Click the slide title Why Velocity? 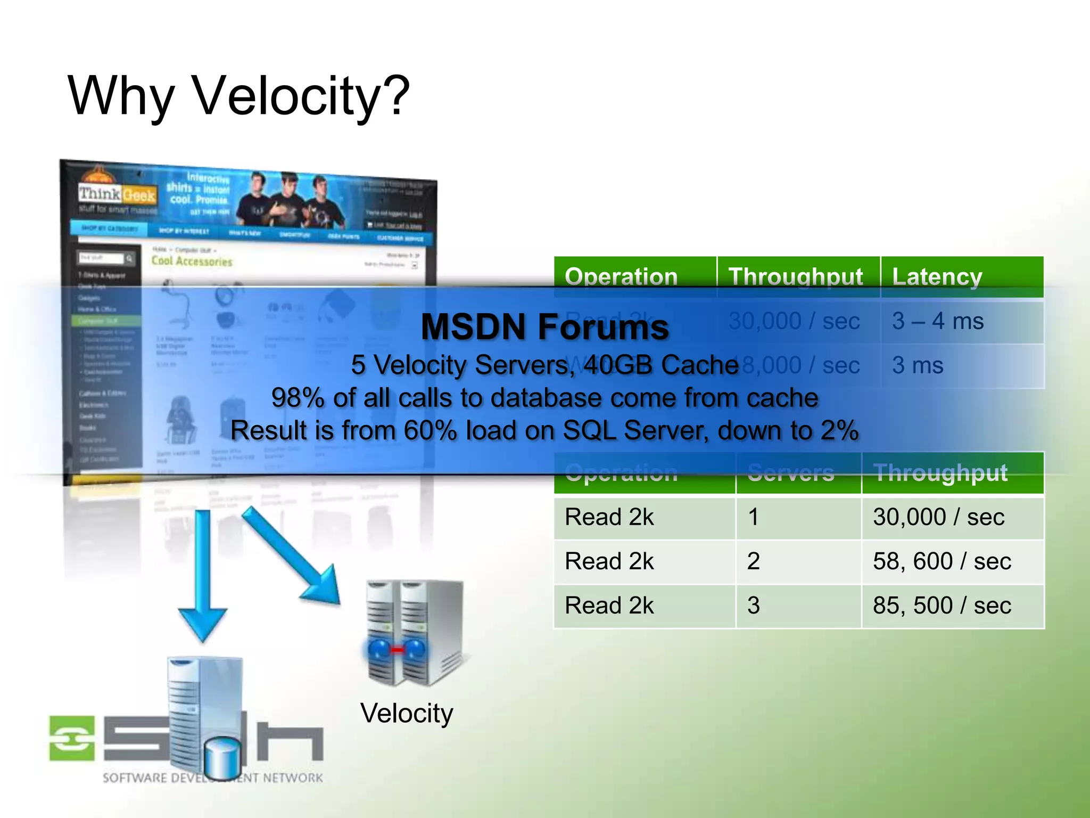pyautogui.click(x=238, y=96)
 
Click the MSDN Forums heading pyautogui.click(x=544, y=326)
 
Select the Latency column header pyautogui.click(x=937, y=277)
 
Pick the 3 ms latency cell pyautogui.click(x=918, y=365)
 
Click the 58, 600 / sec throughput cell pyautogui.click(x=942, y=561)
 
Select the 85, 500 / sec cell pyautogui.click(x=942, y=606)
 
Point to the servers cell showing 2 pyautogui.click(x=753, y=561)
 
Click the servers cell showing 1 pyautogui.click(x=753, y=517)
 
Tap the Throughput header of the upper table pyautogui.click(x=795, y=277)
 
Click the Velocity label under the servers pyautogui.click(x=407, y=713)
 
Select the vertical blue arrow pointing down pyautogui.click(x=203, y=575)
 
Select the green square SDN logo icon pyautogui.click(x=72, y=738)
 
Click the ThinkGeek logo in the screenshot pyautogui.click(x=117, y=195)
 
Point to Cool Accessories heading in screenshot pyautogui.click(x=192, y=261)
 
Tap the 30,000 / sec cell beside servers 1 pyautogui.click(x=938, y=517)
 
